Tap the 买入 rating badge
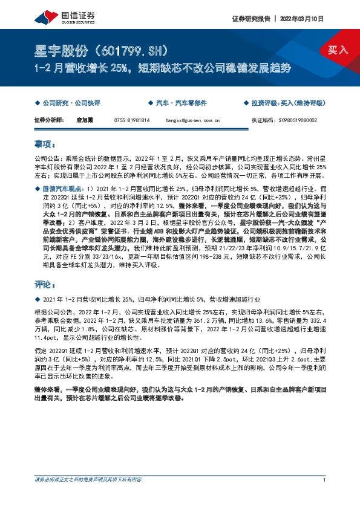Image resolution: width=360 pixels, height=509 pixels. [338, 50]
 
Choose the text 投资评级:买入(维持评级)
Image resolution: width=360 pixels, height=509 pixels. [290, 103]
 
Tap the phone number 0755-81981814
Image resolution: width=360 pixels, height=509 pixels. [131, 120]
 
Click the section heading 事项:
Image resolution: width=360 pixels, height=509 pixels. [45, 144]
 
